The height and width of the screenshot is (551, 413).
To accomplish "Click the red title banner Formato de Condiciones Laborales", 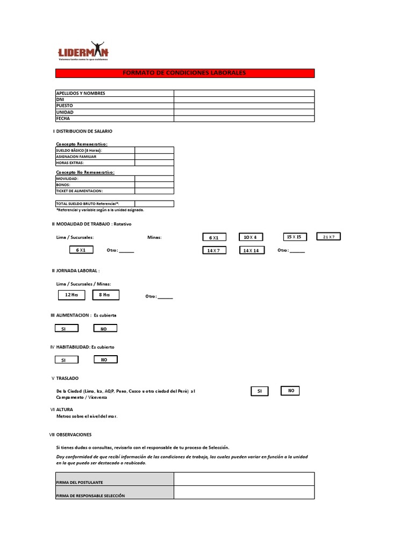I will (185, 73).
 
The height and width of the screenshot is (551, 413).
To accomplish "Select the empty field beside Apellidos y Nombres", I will (244, 93).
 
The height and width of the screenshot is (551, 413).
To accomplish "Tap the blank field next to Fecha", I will (244, 118).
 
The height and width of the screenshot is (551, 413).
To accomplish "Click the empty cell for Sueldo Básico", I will (154, 150).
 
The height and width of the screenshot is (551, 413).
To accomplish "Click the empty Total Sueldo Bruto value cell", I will (154, 204).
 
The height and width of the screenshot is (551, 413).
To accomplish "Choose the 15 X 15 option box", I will (295, 237).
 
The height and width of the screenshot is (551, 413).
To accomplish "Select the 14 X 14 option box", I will (251, 251).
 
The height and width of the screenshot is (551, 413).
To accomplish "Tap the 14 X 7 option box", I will (214, 251).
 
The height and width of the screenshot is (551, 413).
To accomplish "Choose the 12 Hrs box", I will (72, 295).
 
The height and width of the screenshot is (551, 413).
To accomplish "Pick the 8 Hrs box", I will (105, 295).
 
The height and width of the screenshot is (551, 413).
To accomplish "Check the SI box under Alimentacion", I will (63, 328).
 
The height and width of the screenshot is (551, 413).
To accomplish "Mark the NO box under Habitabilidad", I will (105, 359).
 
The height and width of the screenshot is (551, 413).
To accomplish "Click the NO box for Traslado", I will (290, 391).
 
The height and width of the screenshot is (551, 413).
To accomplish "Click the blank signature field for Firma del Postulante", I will (244, 479).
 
